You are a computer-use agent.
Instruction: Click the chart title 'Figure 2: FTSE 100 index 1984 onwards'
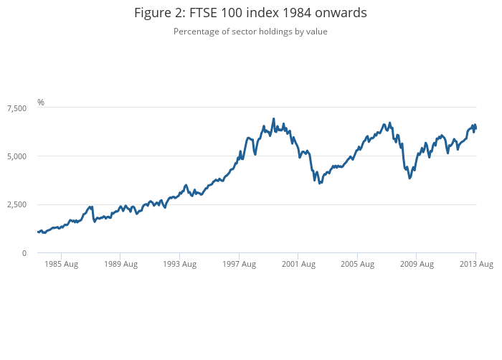tap(250, 14)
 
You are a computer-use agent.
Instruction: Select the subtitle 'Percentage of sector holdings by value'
tap(250, 32)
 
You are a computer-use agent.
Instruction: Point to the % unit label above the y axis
tap(41, 103)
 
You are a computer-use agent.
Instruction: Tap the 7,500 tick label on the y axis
tap(16, 108)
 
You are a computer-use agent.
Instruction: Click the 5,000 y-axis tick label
tap(16, 156)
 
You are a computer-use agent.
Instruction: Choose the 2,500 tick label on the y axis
tap(16, 204)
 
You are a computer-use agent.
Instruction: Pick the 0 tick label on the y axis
tap(24, 253)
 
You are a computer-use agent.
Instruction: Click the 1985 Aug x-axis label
tap(61, 264)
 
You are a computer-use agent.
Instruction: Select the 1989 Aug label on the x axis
tap(120, 264)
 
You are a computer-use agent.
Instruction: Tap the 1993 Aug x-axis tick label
tap(179, 264)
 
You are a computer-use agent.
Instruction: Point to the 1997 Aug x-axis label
tap(239, 264)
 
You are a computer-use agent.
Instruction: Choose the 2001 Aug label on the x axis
tap(298, 264)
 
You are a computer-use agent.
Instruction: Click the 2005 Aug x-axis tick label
tap(357, 264)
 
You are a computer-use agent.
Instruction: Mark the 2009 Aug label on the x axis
tap(417, 264)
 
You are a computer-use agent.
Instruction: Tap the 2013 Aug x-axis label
tap(476, 264)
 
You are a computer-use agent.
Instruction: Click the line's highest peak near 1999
tap(273, 119)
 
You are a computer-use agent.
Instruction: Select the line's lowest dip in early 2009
tap(409, 177)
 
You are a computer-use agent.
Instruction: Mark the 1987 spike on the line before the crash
tap(90, 207)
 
